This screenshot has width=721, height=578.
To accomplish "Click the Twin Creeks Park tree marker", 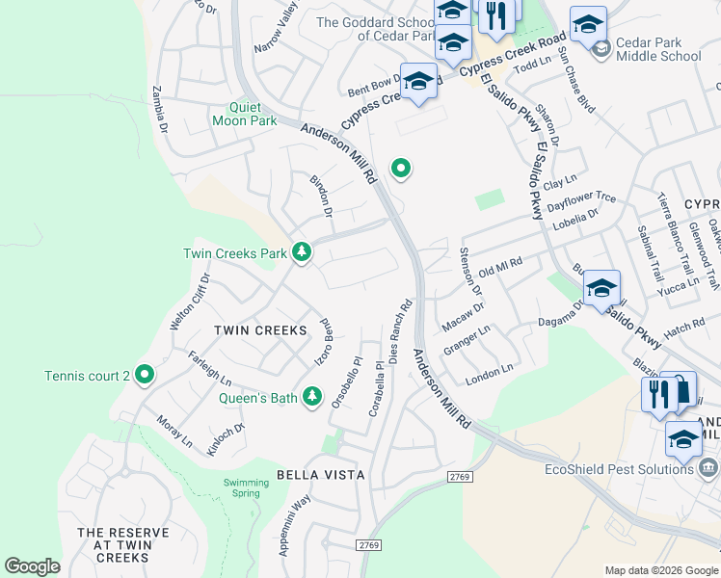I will coord(303,253).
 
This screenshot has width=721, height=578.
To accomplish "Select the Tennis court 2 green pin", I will coord(145,374).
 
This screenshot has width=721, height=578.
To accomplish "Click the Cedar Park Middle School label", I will coord(659,49).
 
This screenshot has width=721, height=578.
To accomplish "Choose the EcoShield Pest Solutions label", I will coord(619,468).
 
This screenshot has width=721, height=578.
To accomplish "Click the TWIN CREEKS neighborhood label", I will coord(260,330).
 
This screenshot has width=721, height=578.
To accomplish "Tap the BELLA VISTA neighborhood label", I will coord(320,475).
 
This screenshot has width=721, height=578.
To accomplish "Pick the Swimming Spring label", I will coord(241,487).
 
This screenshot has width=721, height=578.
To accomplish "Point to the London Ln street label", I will coord(490,371).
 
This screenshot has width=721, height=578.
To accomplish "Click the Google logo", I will coord(32,566).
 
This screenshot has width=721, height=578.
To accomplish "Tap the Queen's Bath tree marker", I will coord(311,396).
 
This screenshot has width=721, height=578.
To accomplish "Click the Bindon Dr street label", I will coord(321,196).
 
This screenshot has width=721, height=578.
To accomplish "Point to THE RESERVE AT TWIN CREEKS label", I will coord(122,545).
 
